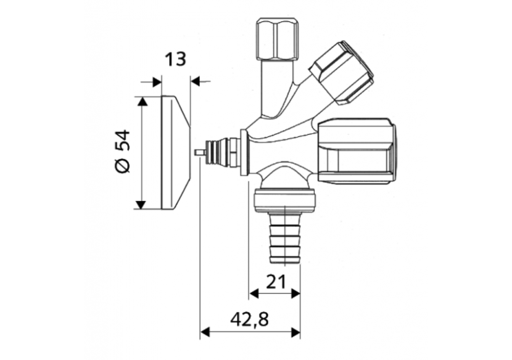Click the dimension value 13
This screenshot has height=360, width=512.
(x=175, y=59)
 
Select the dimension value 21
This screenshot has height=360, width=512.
(x=276, y=282)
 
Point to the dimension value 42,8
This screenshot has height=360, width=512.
(x=249, y=319)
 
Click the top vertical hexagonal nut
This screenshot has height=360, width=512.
(x=278, y=39)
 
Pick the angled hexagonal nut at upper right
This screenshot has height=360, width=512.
(x=342, y=73)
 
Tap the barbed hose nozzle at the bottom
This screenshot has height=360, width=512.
(x=284, y=237)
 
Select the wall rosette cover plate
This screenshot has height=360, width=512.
(x=176, y=153)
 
